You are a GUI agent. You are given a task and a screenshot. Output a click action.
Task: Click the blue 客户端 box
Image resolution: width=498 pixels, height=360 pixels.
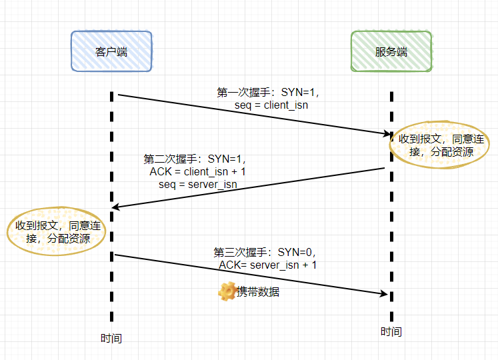pos(111,51)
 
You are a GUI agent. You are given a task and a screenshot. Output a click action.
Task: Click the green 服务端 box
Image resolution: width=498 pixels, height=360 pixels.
pos(391,51)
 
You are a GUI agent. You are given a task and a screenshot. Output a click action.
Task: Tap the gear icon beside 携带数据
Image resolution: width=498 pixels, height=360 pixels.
pos(227,291)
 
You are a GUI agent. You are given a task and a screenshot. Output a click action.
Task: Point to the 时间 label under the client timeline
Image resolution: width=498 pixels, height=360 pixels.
pos(111,338)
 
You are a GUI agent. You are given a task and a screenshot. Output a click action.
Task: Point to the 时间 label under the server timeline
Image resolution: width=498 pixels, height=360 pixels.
pos(391,331)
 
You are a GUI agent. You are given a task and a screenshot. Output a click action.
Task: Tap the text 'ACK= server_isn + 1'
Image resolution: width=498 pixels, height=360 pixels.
pos(268,265)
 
